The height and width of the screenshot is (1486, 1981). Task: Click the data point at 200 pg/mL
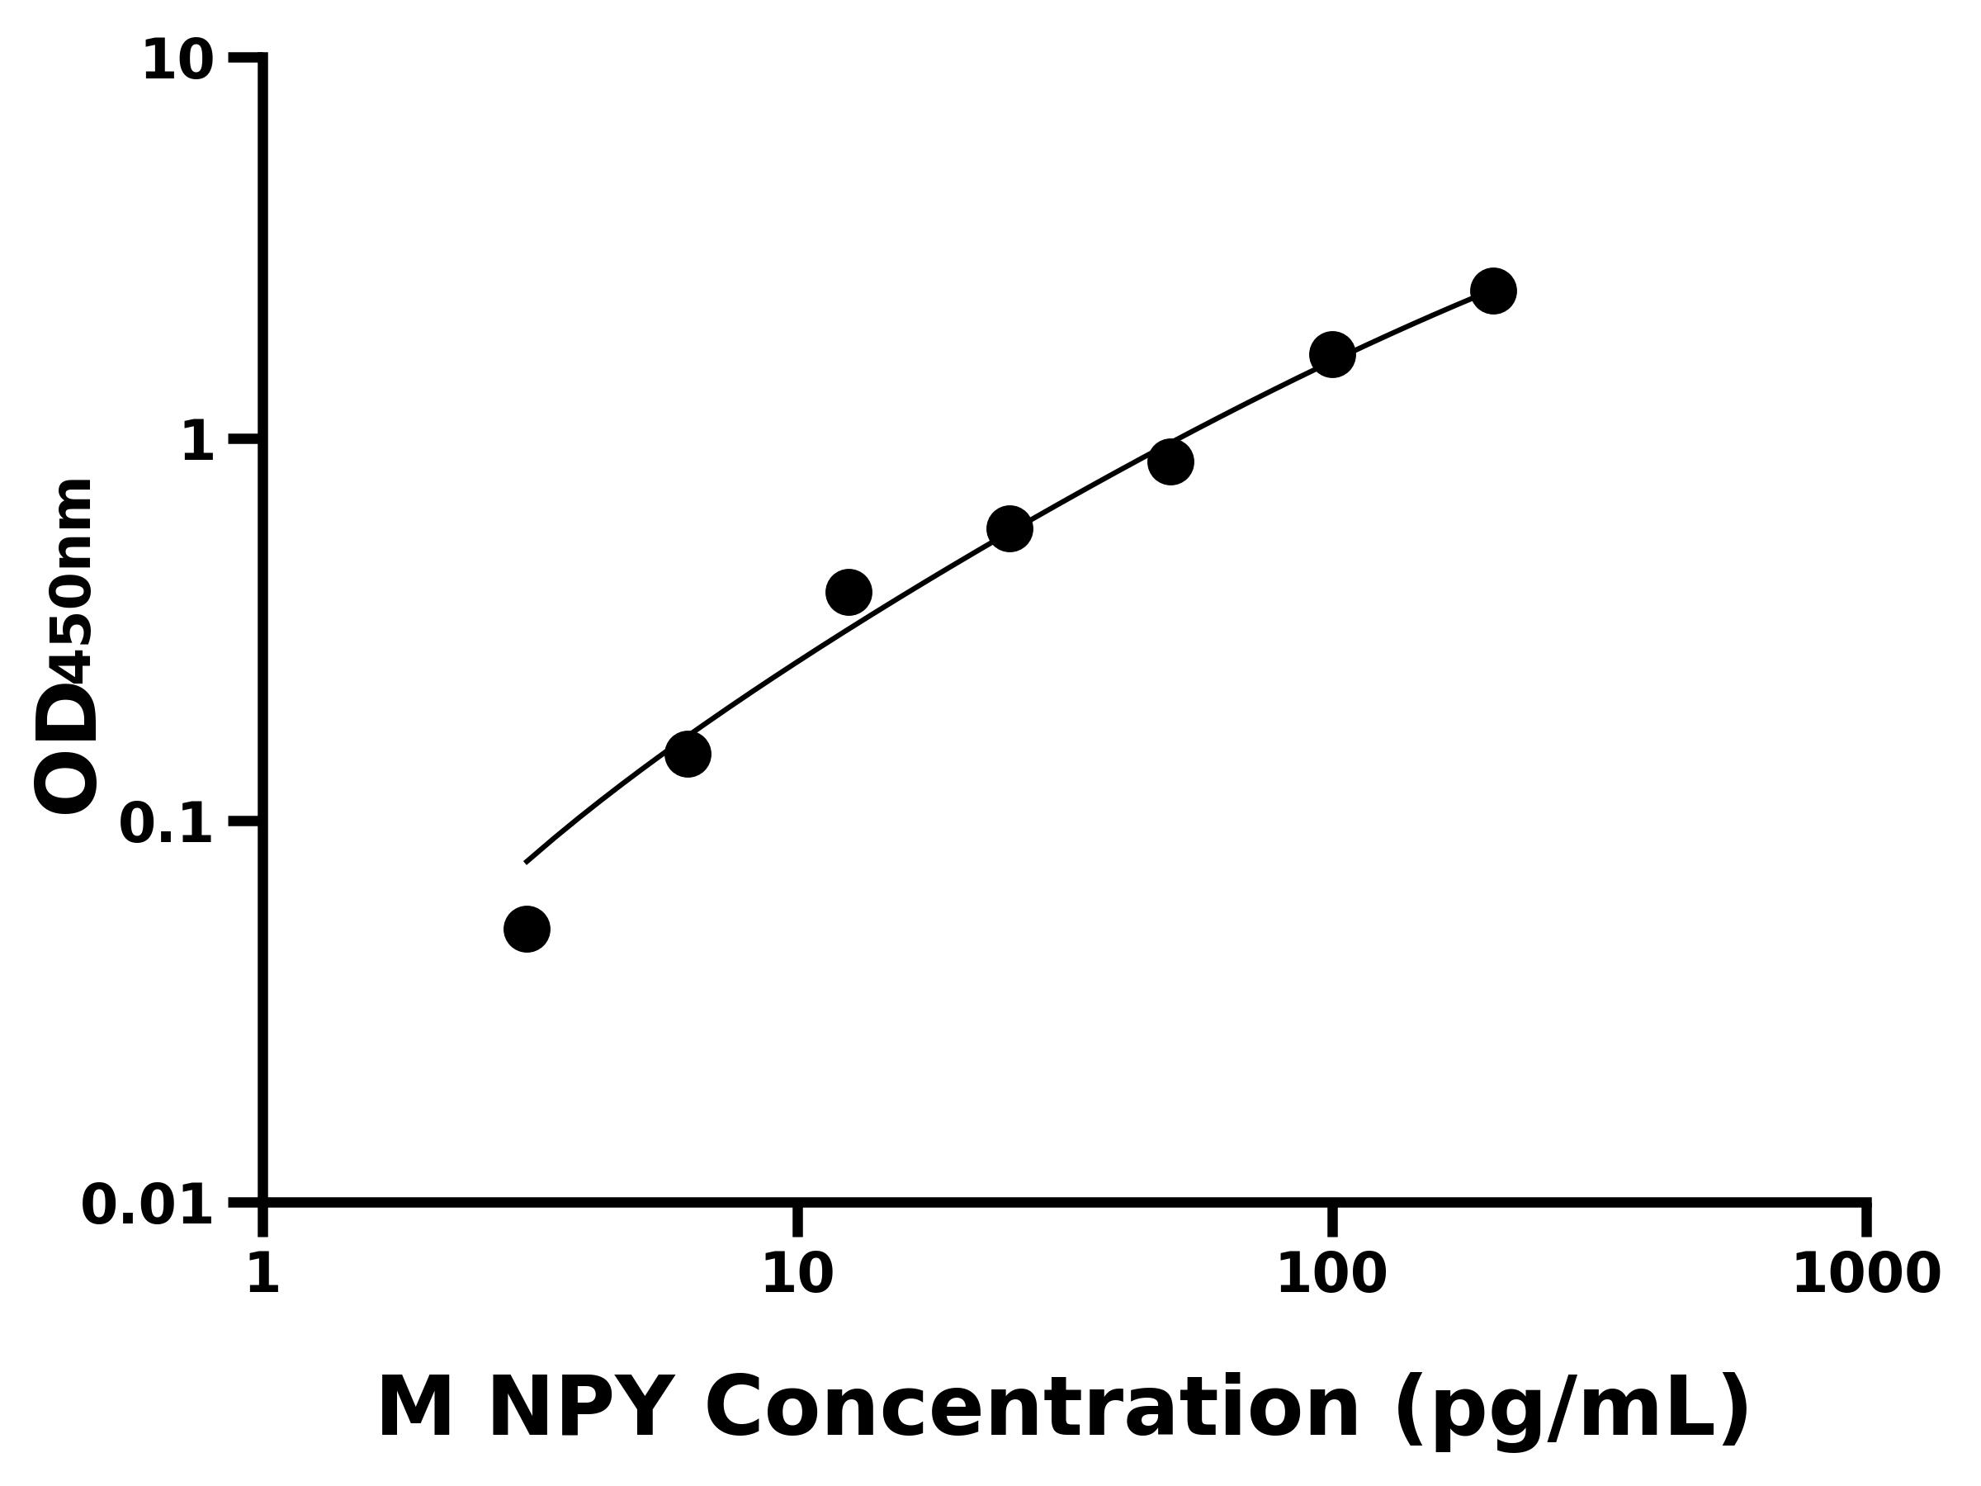point(1493,291)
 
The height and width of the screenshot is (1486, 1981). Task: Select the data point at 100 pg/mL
point(1331,355)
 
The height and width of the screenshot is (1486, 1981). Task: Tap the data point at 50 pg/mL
point(1170,462)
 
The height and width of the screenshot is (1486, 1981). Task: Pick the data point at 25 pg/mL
point(1009,528)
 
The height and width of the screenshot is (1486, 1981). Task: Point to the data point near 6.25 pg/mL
point(688,755)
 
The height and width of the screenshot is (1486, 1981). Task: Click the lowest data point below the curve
point(527,929)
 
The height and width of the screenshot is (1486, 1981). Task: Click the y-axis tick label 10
point(178,63)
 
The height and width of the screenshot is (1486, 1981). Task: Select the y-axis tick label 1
point(198,442)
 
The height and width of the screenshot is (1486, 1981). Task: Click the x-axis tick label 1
point(263,1275)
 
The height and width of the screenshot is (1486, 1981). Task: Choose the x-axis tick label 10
point(797,1275)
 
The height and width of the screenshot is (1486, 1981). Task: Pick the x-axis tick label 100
point(1331,1275)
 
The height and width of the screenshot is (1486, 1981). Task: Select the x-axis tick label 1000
point(1866,1275)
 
